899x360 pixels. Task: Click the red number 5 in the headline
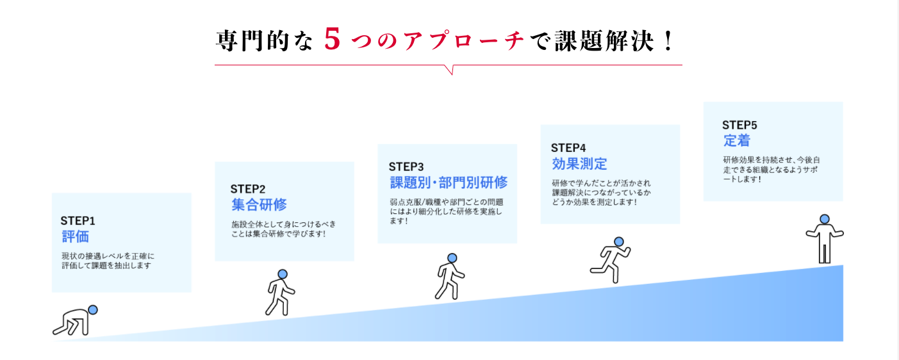click(x=331, y=40)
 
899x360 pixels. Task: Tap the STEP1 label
click(x=78, y=221)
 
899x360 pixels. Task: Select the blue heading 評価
click(x=75, y=236)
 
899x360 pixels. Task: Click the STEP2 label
click(x=248, y=189)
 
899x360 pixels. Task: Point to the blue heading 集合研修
click(x=259, y=205)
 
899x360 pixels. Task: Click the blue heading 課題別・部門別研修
click(x=449, y=183)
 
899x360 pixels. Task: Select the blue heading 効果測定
click(x=579, y=163)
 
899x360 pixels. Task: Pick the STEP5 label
click(x=739, y=125)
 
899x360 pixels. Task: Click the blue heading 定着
click(x=736, y=141)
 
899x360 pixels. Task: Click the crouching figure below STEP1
click(x=74, y=321)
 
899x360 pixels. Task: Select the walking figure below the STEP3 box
click(x=450, y=276)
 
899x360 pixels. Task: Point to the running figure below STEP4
click(x=610, y=259)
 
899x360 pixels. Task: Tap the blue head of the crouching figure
click(x=93, y=310)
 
